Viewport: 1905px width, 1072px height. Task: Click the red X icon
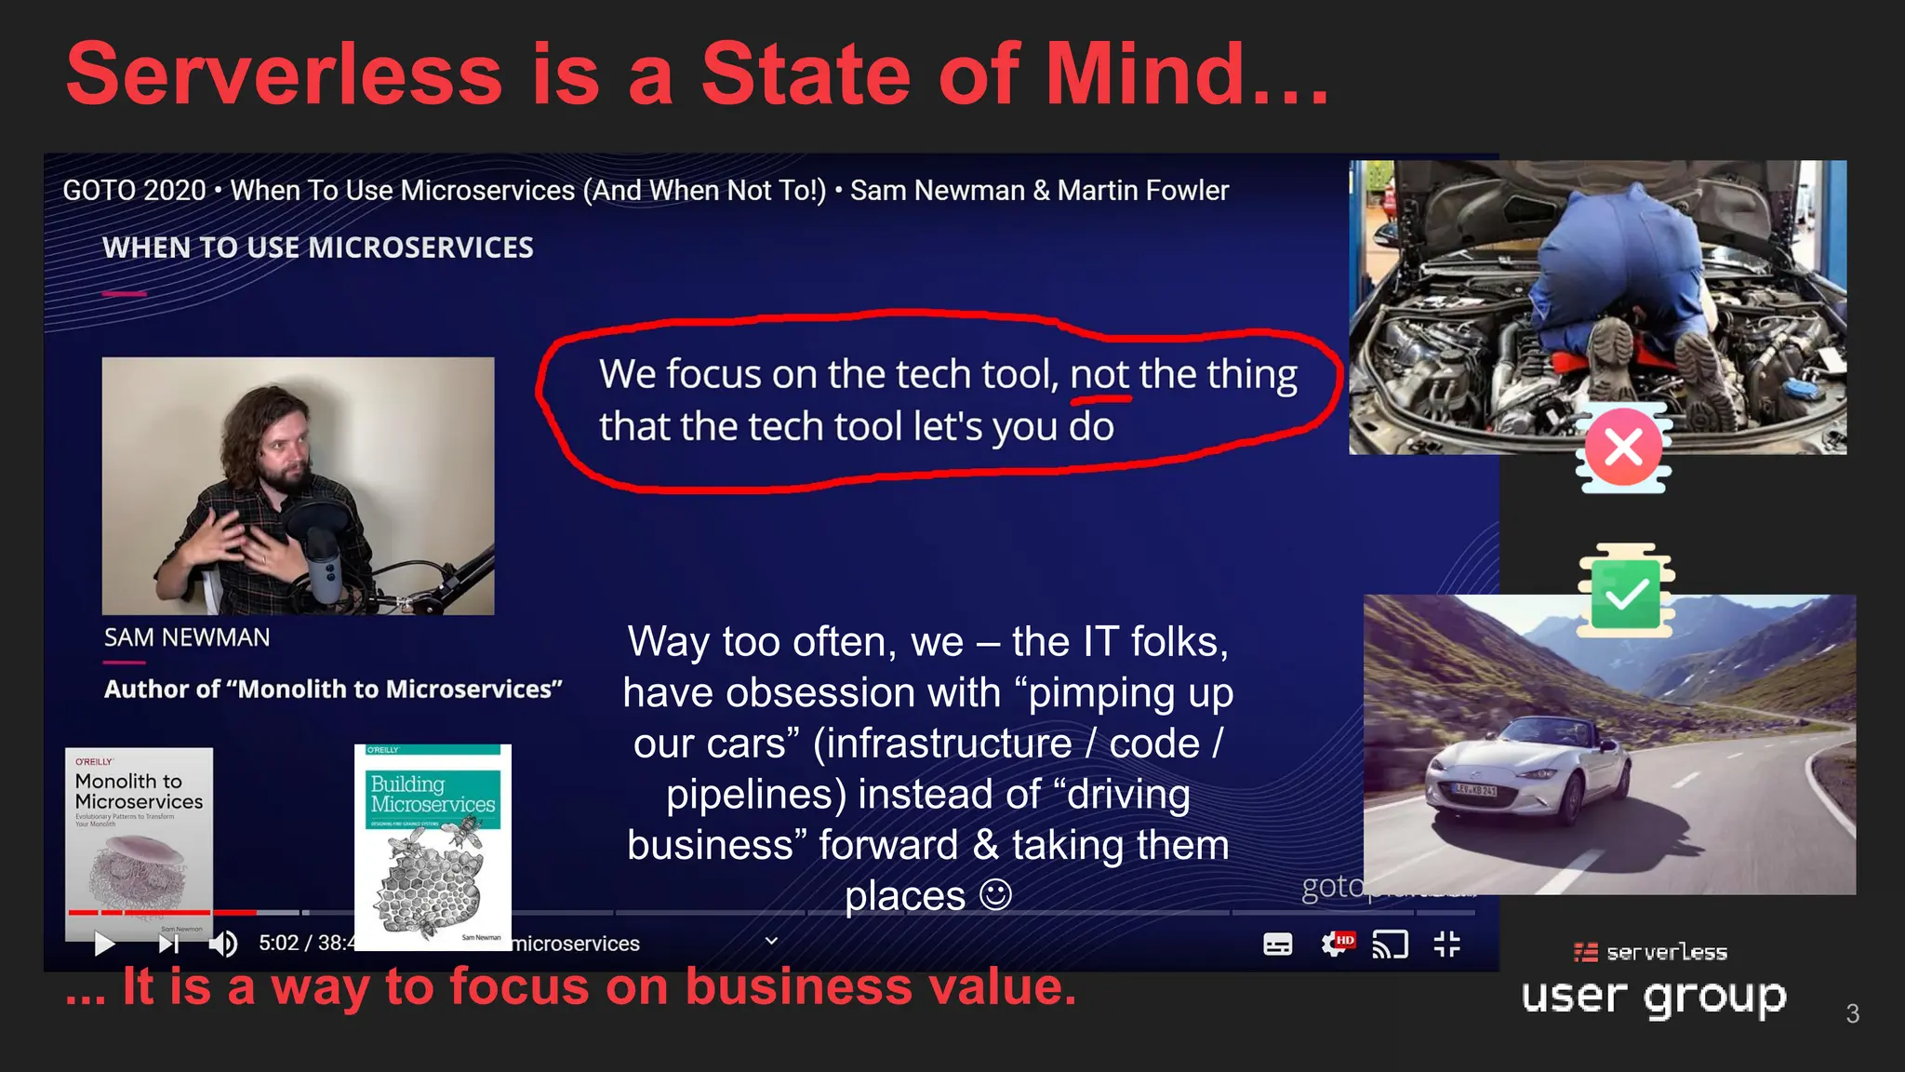coord(1623,448)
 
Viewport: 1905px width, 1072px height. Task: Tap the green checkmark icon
coord(1625,593)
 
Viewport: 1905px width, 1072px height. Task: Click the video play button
coord(104,945)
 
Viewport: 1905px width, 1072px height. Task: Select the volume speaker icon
coord(221,945)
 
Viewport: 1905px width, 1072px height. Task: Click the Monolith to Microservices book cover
coord(140,837)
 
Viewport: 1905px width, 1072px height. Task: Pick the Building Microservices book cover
coord(433,847)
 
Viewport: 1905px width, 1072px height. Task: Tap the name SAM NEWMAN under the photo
coord(187,638)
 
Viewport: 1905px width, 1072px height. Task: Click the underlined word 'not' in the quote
coord(1099,375)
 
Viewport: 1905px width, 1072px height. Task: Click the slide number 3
coord(1852,1013)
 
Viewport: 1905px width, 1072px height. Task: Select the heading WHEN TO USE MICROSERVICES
coord(317,248)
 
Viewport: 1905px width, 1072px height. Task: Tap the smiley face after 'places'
coord(995,895)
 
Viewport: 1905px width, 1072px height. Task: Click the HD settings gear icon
coord(1336,945)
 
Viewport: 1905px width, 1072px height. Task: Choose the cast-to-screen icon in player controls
coord(1390,945)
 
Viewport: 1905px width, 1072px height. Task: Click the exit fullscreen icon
coord(1446,945)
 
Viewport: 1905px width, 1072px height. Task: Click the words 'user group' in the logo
coord(1654,997)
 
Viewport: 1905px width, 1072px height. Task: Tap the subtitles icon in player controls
coord(1277,945)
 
